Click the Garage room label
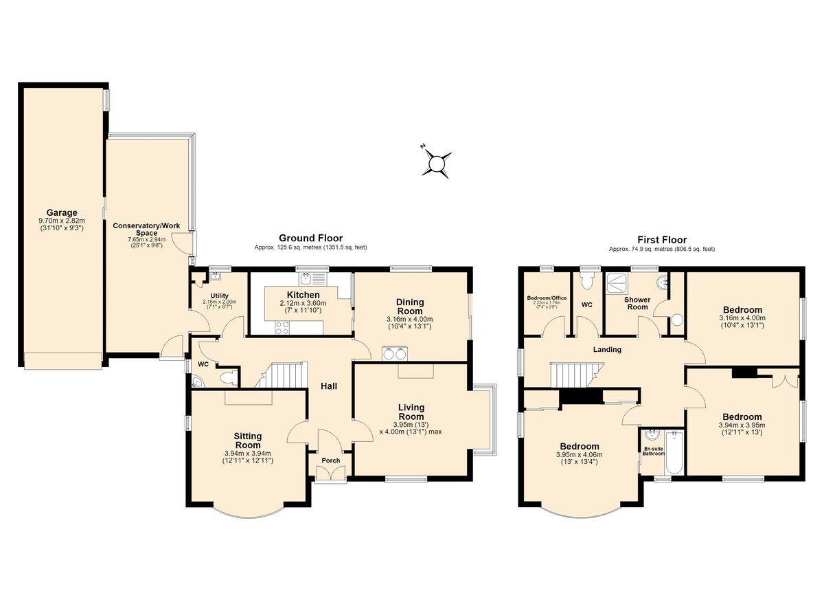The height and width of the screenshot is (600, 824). (62, 212)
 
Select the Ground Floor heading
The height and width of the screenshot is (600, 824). (310, 238)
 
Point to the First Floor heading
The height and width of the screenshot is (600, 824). (662, 240)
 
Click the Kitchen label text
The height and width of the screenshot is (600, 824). (303, 295)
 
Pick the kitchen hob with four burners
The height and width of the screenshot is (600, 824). (282, 328)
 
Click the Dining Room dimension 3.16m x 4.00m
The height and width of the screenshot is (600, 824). (409, 319)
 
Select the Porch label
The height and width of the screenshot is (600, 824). (331, 460)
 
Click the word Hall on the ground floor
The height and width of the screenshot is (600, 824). (329, 386)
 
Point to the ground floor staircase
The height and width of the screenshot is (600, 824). (282, 375)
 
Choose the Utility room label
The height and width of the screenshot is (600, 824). (220, 296)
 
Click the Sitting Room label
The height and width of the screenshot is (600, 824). (248, 441)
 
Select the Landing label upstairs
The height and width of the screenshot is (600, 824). (607, 349)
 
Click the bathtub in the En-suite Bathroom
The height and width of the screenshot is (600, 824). (674, 453)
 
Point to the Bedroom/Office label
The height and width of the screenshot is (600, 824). (547, 298)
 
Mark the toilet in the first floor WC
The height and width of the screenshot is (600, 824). (587, 280)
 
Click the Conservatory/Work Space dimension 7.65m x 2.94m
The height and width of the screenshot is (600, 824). (146, 239)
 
